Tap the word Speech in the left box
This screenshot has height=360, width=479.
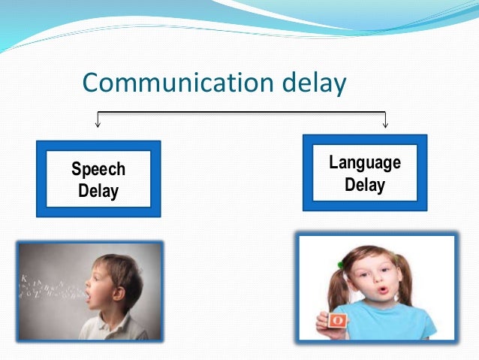tap(98, 169)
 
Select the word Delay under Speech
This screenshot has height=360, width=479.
tap(98, 191)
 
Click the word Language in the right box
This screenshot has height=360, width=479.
tap(365, 162)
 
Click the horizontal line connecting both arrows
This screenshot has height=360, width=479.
tap(240, 113)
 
